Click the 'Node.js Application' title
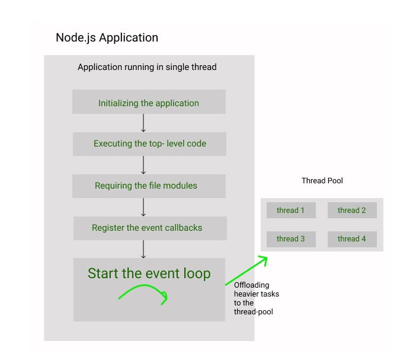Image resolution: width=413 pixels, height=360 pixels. pos(107,38)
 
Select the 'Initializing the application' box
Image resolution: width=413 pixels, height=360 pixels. pos(149,102)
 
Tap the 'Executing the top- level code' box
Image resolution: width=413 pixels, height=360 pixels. pos(149,144)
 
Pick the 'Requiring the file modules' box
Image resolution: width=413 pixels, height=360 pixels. pos(146,186)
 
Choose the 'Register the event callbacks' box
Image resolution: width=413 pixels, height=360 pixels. pos(147,228)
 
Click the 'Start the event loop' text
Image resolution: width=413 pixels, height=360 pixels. pos(149,273)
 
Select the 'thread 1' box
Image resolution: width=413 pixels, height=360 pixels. pos(291,210)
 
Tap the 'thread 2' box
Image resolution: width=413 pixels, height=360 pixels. pos(351,210)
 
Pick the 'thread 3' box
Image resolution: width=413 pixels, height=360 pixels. pos(291,238)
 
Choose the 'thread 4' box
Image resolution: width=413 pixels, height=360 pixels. pos(351,238)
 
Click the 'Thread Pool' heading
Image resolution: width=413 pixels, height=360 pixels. pos(322,180)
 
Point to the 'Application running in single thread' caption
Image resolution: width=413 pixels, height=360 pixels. pos(147,67)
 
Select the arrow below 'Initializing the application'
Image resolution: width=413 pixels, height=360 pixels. pos(143,123)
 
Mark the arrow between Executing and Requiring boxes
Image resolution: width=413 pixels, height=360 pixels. pos(143,165)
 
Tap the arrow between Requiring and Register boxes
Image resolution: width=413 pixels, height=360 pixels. pos(143,207)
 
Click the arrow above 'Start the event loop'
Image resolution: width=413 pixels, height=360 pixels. pos(143,249)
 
